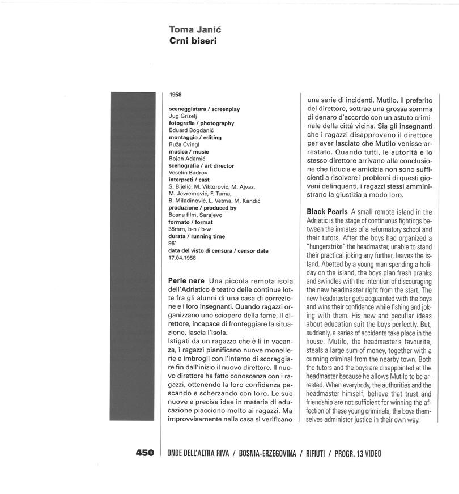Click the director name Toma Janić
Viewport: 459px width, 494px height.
193,29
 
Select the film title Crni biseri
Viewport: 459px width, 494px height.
193,41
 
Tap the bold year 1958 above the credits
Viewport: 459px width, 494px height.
175,95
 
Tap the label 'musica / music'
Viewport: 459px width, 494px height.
189,151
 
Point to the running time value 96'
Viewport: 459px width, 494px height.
172,244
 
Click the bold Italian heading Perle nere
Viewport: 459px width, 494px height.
186,281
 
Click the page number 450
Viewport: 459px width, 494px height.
144,453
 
